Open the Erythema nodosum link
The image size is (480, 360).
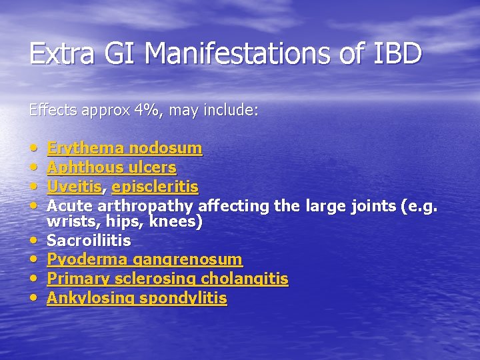(x=125, y=147)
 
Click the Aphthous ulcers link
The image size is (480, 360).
(x=111, y=167)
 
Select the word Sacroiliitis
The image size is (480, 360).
(x=89, y=240)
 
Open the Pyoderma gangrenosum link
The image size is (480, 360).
(x=145, y=259)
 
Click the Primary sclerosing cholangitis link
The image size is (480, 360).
(x=167, y=279)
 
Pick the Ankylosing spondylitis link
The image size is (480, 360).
(x=137, y=298)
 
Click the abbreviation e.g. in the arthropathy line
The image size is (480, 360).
(x=421, y=206)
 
